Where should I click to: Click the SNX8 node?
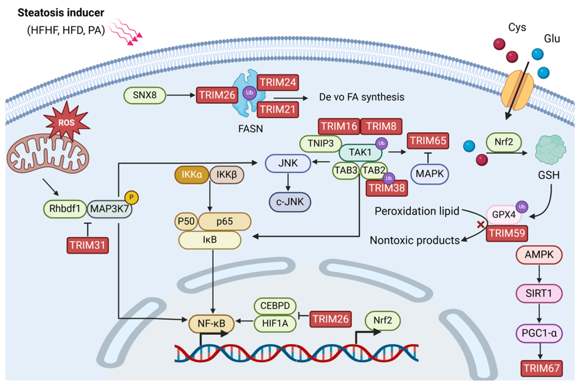pos(145,95)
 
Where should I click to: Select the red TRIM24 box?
pos(278,83)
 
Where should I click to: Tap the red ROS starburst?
pos(67,122)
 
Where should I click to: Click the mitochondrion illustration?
pos(48,156)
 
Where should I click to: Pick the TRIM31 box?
pos(87,245)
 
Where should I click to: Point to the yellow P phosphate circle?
pos(131,198)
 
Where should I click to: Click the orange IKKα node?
pos(192,175)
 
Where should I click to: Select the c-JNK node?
pos(290,202)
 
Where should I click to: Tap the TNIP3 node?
pos(320,143)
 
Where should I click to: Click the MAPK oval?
pos(429,174)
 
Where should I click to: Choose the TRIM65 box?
pos(428,141)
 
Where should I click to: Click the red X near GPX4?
pos(481,224)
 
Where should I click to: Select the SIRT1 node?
pos(539,294)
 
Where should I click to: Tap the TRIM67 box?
pos(541,368)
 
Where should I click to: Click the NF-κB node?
pos(211,323)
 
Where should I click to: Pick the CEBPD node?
pos(275,306)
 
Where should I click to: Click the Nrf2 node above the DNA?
pos(382,320)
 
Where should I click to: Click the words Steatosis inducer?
pos(61,13)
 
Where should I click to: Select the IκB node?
pos(210,240)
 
